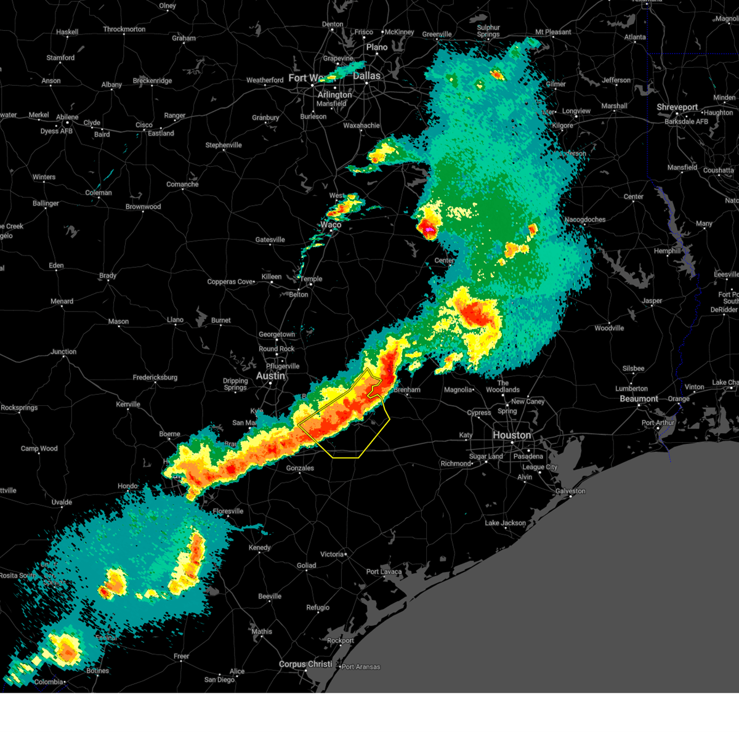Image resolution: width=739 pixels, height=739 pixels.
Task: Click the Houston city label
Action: coord(511,435)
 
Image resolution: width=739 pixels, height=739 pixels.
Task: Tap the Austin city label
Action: coord(270,376)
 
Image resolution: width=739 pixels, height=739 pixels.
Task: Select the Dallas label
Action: coord(366,76)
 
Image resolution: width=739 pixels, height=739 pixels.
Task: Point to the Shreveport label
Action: coord(677,107)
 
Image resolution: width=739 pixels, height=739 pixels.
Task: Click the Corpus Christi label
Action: coord(305,664)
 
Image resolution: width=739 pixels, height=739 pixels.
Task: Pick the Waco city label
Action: coord(331,225)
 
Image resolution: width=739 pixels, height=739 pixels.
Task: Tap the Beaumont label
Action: coord(639,399)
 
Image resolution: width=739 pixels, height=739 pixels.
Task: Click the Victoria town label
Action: coord(331,554)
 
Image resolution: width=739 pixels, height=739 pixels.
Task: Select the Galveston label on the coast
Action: coord(570,491)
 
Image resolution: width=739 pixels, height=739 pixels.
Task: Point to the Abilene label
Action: coord(67,117)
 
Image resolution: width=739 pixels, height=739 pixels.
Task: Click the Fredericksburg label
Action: coord(155,378)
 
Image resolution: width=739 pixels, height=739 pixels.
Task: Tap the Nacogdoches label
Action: coord(585,220)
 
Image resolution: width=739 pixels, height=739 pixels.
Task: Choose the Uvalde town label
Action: coord(62,503)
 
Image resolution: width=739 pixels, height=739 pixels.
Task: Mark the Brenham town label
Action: coord(406,390)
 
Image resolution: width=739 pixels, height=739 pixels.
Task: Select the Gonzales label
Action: coord(300,468)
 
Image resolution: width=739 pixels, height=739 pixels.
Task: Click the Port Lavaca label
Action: coord(384,571)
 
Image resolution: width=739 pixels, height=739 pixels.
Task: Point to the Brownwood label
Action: coord(143,207)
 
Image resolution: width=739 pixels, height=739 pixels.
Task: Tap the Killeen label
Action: coord(271,277)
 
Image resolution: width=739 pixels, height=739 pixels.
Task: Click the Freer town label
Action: coord(181,656)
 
